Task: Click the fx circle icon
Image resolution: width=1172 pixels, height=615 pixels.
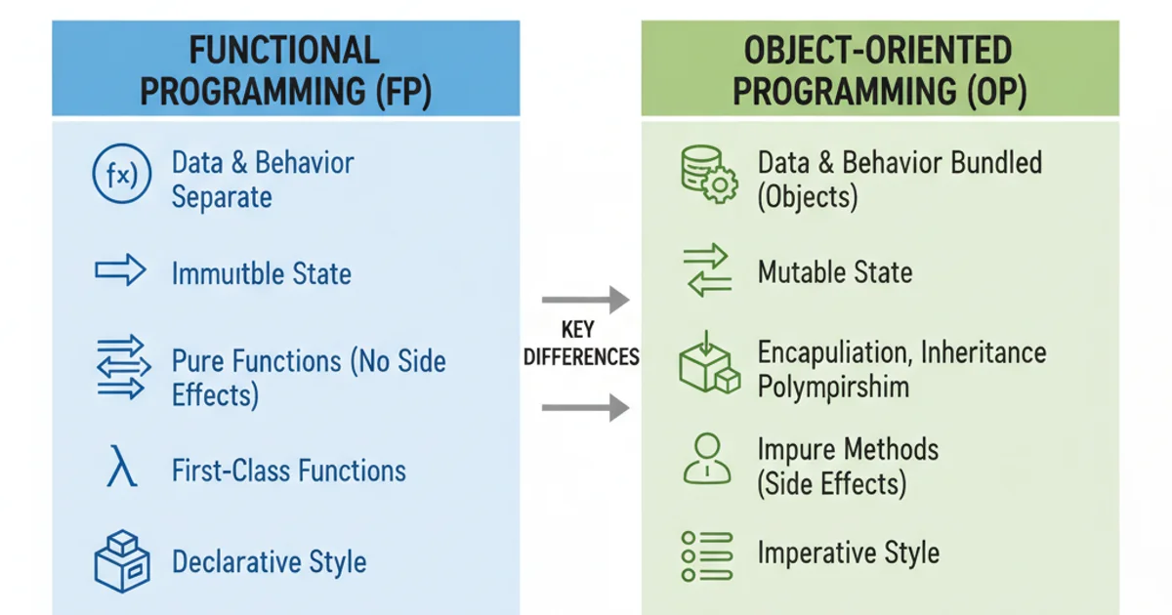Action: tap(120, 179)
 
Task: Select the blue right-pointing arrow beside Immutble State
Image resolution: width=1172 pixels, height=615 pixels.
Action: tap(120, 271)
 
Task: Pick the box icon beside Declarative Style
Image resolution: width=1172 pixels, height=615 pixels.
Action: tap(120, 560)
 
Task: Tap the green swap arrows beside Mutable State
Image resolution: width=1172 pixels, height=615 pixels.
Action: tap(706, 270)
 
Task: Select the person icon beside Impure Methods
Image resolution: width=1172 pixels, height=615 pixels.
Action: tap(706, 460)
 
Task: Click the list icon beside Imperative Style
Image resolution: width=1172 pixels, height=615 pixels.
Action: tap(706, 553)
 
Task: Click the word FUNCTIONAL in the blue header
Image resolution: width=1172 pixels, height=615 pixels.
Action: tap(284, 51)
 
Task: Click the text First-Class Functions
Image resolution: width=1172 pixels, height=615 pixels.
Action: tap(288, 471)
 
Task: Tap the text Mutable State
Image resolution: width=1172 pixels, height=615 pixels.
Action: tap(835, 271)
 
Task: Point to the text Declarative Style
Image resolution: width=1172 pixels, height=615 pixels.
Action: tap(269, 562)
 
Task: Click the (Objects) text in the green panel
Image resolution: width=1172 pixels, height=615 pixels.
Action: tap(808, 197)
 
